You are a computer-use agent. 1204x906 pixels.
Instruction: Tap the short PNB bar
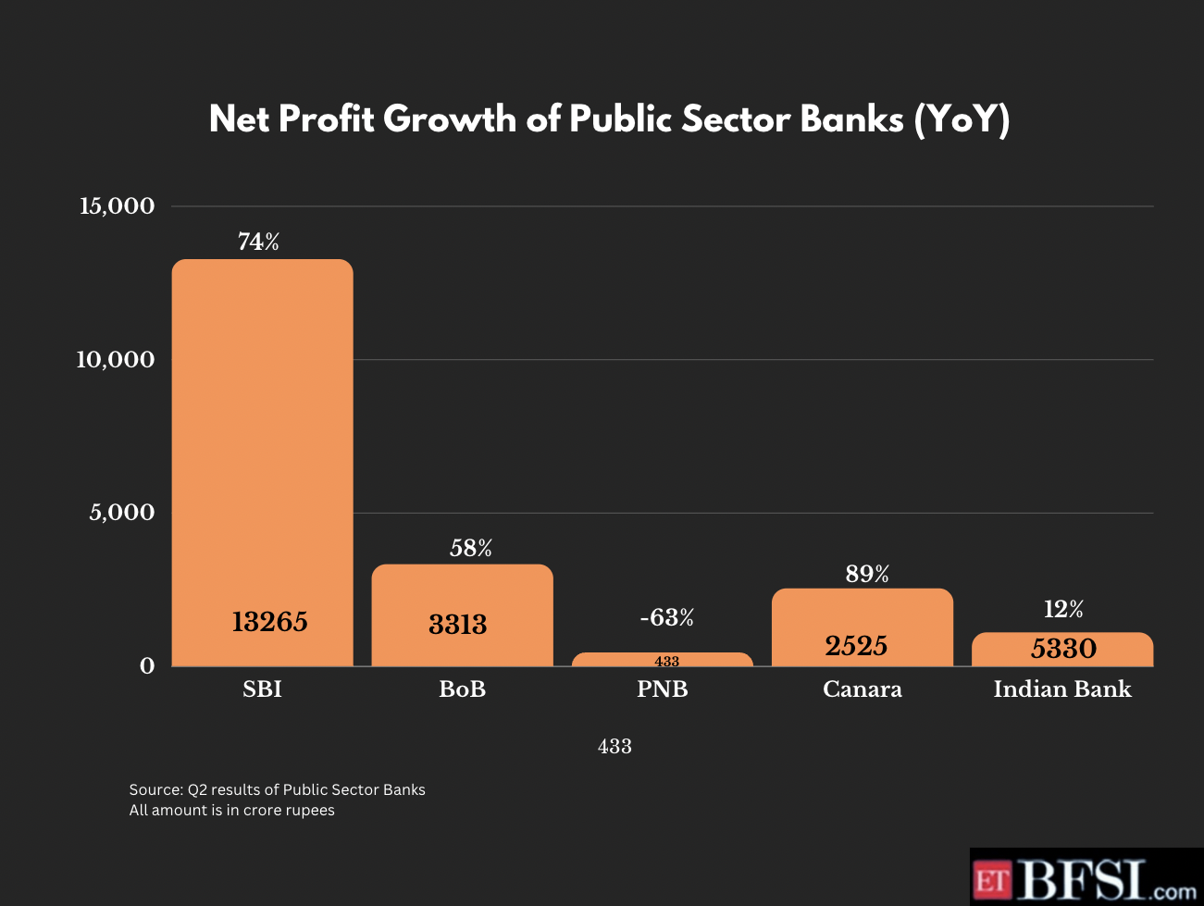(x=663, y=659)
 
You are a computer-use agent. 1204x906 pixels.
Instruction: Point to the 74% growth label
(x=258, y=242)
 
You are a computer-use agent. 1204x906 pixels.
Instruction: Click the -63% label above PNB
(x=666, y=617)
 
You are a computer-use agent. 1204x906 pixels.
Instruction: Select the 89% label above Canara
(x=867, y=575)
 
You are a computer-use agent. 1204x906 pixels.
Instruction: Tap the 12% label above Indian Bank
(x=1063, y=609)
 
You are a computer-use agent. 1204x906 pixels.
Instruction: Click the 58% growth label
(x=471, y=549)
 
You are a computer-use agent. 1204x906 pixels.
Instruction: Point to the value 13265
(x=269, y=622)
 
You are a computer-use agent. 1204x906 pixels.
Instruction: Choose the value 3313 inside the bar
(x=458, y=625)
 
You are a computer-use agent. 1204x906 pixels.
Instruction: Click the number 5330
(x=1063, y=649)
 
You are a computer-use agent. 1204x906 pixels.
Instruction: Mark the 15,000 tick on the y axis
(x=117, y=205)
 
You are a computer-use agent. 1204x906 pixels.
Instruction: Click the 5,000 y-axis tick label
(x=121, y=513)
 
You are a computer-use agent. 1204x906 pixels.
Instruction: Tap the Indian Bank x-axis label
(x=1062, y=689)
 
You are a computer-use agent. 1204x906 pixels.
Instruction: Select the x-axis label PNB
(x=663, y=689)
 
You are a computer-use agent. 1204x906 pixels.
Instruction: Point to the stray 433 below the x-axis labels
(x=614, y=747)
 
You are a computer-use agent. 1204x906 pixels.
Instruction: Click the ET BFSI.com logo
(x=1086, y=878)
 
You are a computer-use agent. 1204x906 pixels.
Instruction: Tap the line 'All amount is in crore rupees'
(x=232, y=811)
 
